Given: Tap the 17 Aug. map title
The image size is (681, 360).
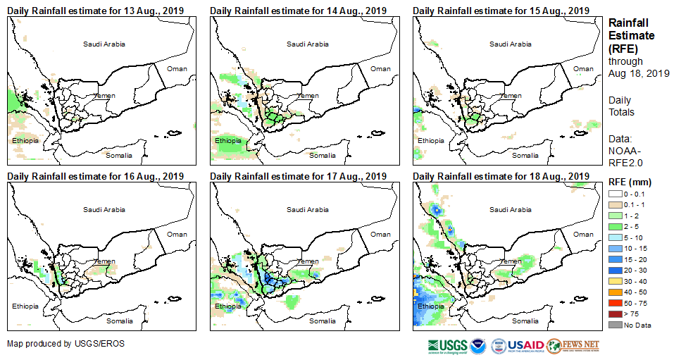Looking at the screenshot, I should coord(299,176).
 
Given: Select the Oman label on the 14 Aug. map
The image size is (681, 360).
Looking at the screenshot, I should coord(380,68).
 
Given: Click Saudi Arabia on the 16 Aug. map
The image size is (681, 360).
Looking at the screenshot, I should coord(104,209).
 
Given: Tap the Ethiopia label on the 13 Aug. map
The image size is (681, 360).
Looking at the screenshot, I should coord(25,141).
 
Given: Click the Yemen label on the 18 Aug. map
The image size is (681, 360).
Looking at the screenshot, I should coord(511,261).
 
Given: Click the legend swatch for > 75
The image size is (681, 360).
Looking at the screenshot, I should coord(616,313).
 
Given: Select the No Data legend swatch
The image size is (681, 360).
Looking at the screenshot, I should coord(616,325).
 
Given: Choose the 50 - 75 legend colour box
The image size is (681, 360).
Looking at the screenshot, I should coord(616,303).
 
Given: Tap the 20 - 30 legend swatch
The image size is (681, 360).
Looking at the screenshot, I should coord(616,270).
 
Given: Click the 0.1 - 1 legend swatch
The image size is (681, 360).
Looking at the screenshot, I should coord(616,204).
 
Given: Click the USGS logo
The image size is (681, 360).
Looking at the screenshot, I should coord(446,346).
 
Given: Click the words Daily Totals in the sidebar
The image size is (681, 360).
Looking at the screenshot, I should coord(621,106).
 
